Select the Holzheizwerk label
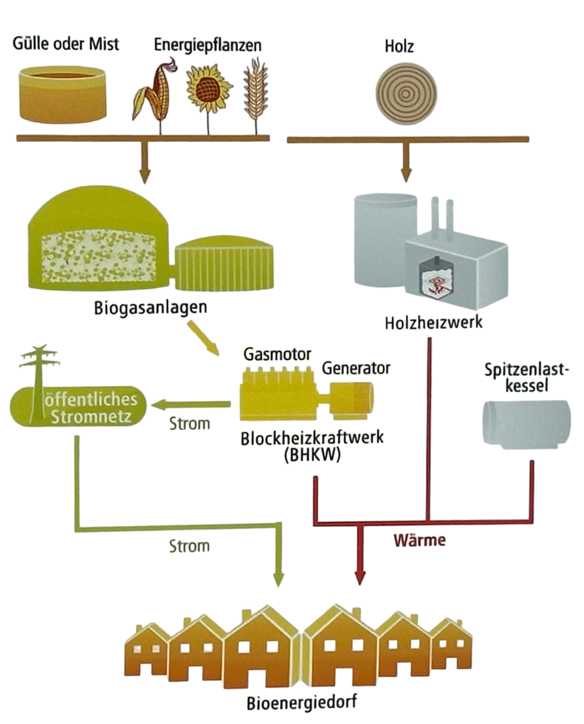(434, 322)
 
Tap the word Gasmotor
(277, 354)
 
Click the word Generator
(356, 368)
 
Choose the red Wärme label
(419, 540)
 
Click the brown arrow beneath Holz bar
(405, 164)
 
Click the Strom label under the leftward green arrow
(190, 424)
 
